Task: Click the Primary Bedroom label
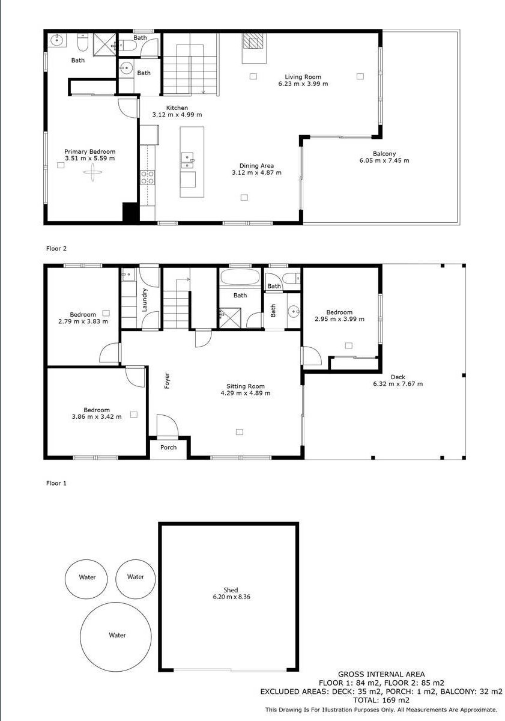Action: (x=90, y=152)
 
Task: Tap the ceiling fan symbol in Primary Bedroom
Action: (x=92, y=174)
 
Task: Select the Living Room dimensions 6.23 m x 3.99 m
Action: (x=303, y=84)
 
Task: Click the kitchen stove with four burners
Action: (x=147, y=177)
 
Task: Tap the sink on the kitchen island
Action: (x=187, y=159)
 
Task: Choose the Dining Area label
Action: (x=256, y=165)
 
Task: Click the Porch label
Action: (x=169, y=447)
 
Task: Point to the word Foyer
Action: (x=168, y=381)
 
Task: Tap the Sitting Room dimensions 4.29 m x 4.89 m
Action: (x=245, y=394)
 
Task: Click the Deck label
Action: (x=398, y=377)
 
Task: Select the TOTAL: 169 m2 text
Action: (x=381, y=700)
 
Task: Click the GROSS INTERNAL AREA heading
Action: (x=381, y=674)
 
